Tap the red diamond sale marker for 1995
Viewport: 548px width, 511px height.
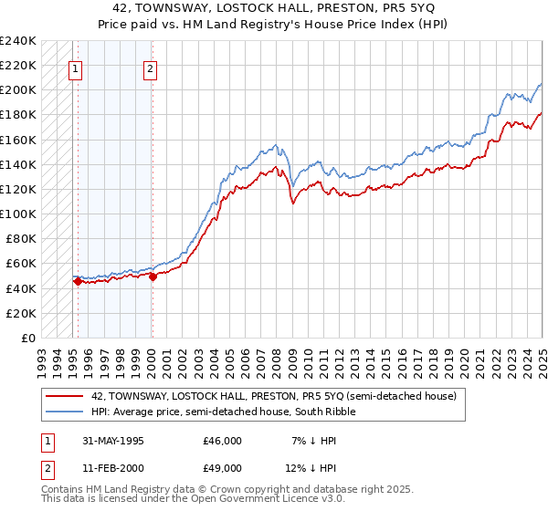coord(78,282)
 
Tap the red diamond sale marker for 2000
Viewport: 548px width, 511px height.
coord(153,278)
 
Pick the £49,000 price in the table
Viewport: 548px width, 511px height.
coord(223,468)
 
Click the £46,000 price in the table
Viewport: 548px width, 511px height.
coord(223,441)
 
